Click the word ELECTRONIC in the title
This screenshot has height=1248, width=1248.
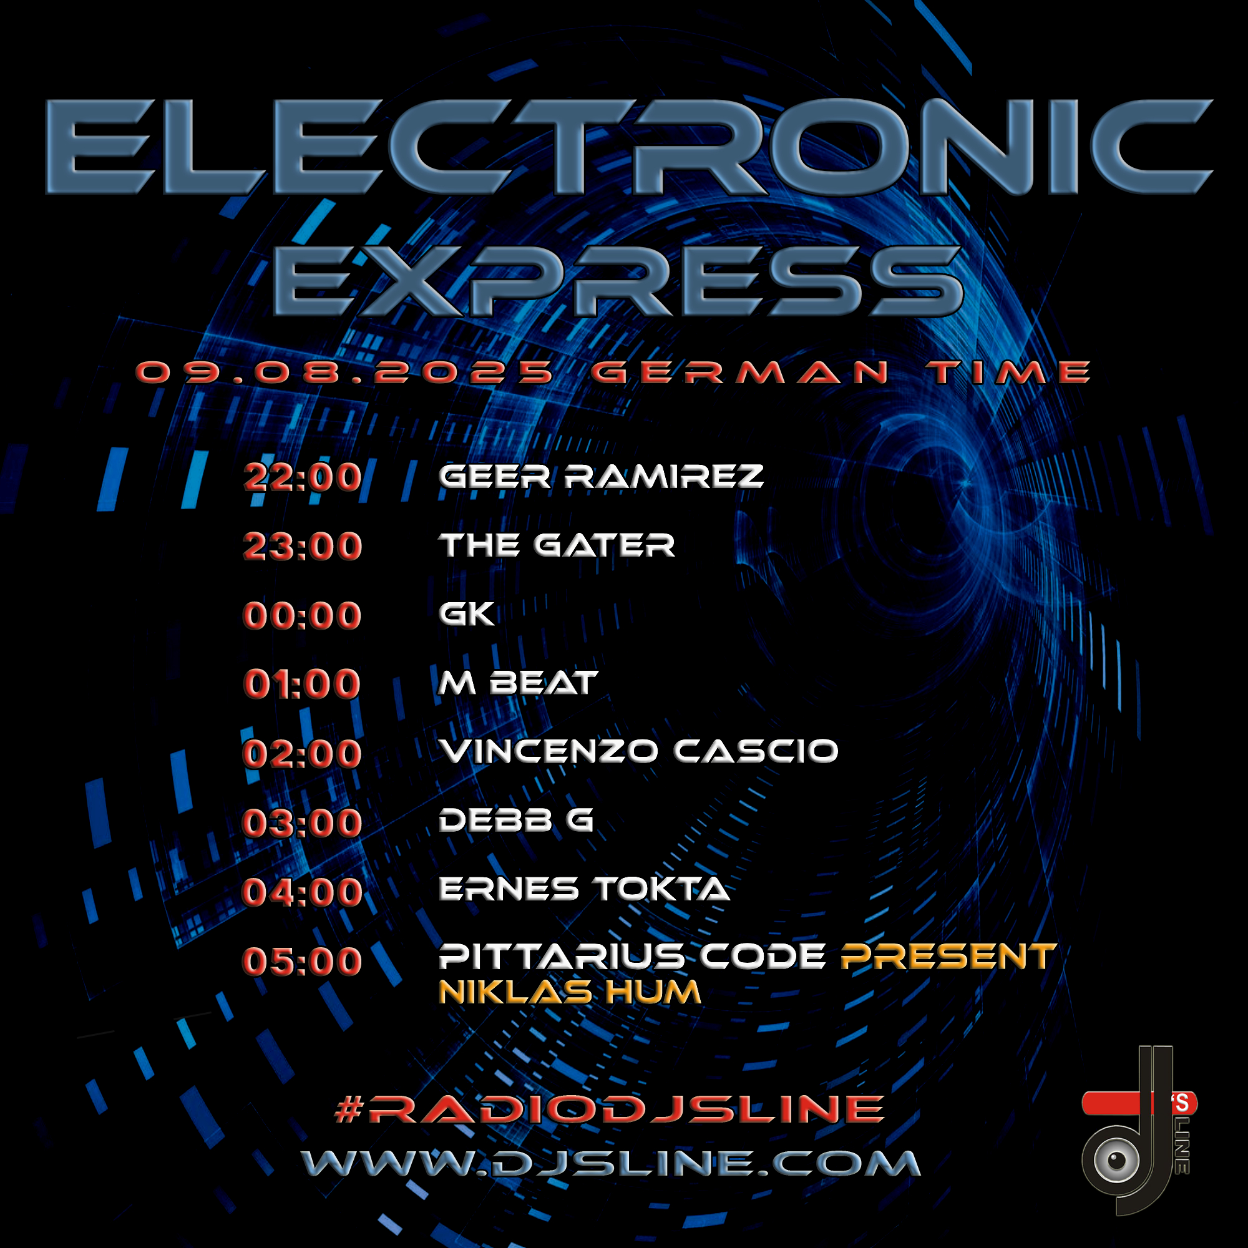click(x=628, y=147)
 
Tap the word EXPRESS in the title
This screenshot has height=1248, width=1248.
click(x=619, y=281)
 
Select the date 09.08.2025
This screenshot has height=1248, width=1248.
click(x=346, y=373)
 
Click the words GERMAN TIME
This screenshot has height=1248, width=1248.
click(x=841, y=373)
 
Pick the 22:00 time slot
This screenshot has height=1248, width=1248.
click(x=302, y=477)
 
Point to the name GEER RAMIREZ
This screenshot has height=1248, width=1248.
click(x=602, y=477)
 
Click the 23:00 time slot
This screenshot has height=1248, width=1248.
click(x=302, y=547)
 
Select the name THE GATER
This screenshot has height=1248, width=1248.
click(x=557, y=545)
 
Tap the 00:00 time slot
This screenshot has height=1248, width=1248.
click(x=302, y=615)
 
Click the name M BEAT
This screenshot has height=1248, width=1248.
click(x=518, y=683)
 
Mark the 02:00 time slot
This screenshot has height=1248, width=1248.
click(x=302, y=754)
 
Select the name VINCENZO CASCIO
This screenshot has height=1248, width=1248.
click(x=639, y=751)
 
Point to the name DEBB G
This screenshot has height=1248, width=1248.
click(x=516, y=821)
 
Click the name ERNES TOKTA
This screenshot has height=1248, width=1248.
click(x=585, y=889)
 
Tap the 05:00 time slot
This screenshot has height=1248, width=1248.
click(x=302, y=960)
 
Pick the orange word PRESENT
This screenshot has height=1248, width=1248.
click(x=948, y=957)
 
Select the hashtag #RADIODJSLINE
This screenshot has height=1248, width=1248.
click(x=610, y=1108)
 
